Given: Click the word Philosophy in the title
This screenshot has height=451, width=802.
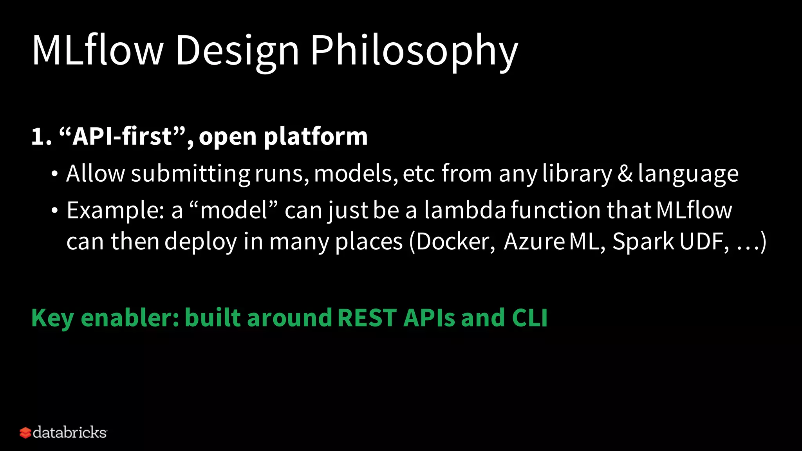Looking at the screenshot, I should [414, 51].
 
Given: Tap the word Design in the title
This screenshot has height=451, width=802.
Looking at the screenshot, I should [237, 51].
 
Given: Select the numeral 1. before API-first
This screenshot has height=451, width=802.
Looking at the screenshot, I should [41, 137].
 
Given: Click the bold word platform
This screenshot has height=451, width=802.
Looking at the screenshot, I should [315, 137].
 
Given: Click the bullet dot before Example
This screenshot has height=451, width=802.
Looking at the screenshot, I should [54, 211].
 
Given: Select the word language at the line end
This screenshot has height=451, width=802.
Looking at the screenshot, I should [688, 174].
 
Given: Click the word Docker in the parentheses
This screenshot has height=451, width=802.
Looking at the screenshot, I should [452, 241].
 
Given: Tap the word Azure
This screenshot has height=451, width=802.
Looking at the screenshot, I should [534, 241].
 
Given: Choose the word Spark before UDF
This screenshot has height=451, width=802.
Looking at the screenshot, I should [643, 241].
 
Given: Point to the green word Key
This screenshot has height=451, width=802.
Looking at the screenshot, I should [52, 318].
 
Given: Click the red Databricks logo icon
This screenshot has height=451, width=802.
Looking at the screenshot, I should [25, 433].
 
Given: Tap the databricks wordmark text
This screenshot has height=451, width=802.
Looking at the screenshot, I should [70, 433].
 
